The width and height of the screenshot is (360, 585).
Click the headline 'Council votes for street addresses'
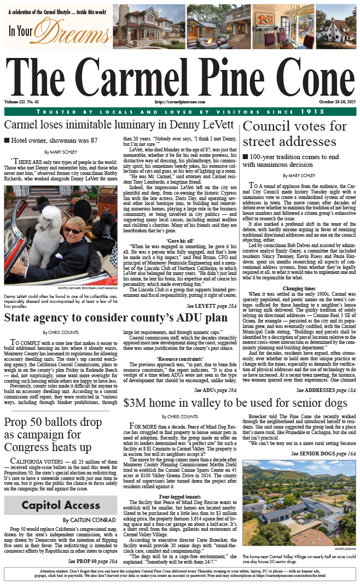pyautogui.click(x=294, y=134)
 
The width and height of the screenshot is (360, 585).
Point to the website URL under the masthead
pyautogui.click(x=180, y=102)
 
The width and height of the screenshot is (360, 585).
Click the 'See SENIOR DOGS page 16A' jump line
pyautogui.click(x=323, y=454)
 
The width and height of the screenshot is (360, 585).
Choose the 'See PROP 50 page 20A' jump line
pyautogui.click(x=89, y=561)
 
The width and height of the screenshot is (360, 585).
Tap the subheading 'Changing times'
pyautogui.click(x=299, y=288)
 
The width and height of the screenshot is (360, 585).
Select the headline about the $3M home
pyautogui.click(x=235, y=403)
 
